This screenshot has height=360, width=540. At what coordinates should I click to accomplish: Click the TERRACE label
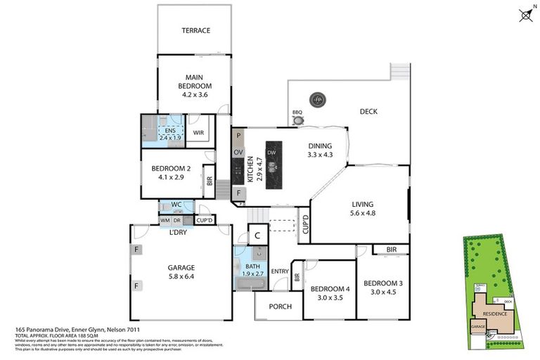196,30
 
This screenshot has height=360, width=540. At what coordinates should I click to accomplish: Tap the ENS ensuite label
170,131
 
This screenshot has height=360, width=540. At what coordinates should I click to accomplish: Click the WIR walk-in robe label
199,131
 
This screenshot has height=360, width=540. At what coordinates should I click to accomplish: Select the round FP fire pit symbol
318,100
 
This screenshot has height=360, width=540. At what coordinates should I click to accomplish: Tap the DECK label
369,111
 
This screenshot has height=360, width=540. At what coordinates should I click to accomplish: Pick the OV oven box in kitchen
238,153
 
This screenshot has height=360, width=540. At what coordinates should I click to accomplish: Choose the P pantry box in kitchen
238,136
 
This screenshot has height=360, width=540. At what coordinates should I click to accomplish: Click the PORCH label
279,306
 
